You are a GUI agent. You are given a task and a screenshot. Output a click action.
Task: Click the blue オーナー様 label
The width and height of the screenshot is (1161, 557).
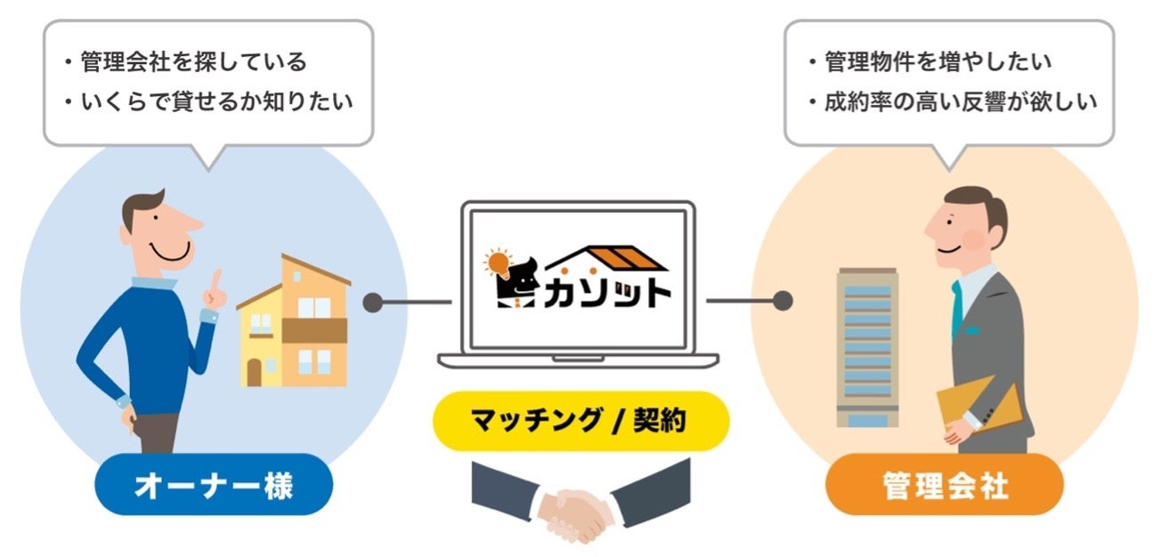point(214,486)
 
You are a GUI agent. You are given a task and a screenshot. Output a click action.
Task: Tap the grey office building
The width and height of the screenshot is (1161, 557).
point(866,347)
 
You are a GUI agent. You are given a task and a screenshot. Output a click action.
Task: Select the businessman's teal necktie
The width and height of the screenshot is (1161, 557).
point(957,307)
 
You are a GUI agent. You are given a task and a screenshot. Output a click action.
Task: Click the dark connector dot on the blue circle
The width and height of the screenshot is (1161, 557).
point(373,302)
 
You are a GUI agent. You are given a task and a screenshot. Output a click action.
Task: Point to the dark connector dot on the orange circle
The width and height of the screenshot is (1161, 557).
point(783,302)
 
